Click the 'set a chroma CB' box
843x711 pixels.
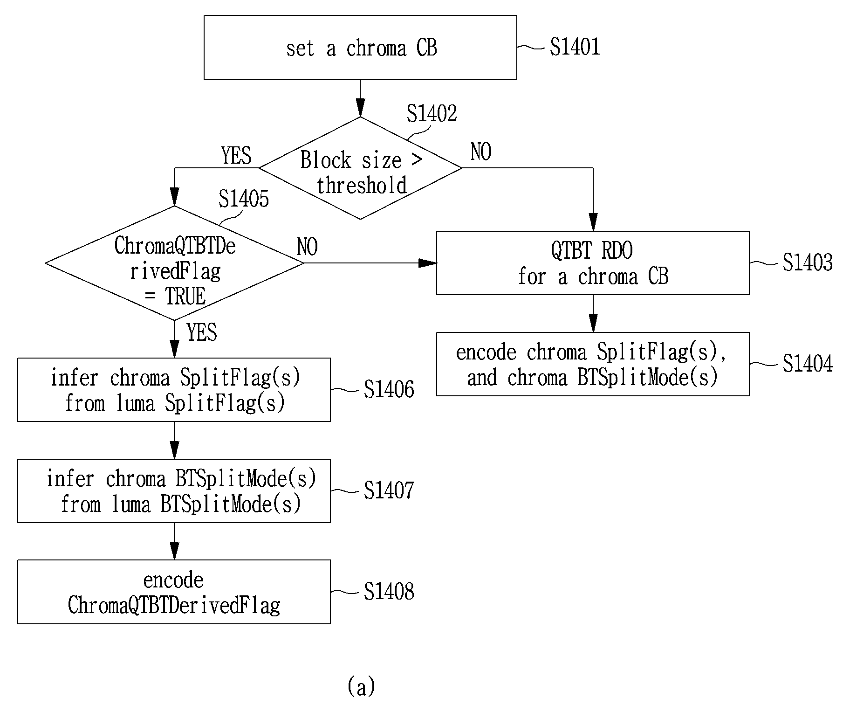tap(360, 47)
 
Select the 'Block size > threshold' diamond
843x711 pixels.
tap(360, 168)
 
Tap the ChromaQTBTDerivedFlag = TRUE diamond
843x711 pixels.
tap(174, 263)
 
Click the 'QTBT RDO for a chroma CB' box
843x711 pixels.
tap(593, 263)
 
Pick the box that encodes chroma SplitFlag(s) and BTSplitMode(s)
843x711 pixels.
tap(593, 364)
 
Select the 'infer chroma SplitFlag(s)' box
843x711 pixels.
tap(174, 390)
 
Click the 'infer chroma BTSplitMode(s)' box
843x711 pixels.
tap(174, 491)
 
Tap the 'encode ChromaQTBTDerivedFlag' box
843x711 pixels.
tap(174, 592)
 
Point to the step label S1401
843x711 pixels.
tap(575, 47)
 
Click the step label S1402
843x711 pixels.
tap(432, 113)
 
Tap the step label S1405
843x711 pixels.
tap(244, 199)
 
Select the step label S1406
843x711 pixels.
tap(389, 389)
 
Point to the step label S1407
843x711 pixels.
tap(389, 490)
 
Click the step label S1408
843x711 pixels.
tap(389, 591)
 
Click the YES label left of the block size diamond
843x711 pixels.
tap(236, 155)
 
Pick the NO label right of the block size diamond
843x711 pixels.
tap(481, 152)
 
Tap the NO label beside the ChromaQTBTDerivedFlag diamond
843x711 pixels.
tap(308, 247)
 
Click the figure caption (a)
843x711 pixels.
tap(361, 686)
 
